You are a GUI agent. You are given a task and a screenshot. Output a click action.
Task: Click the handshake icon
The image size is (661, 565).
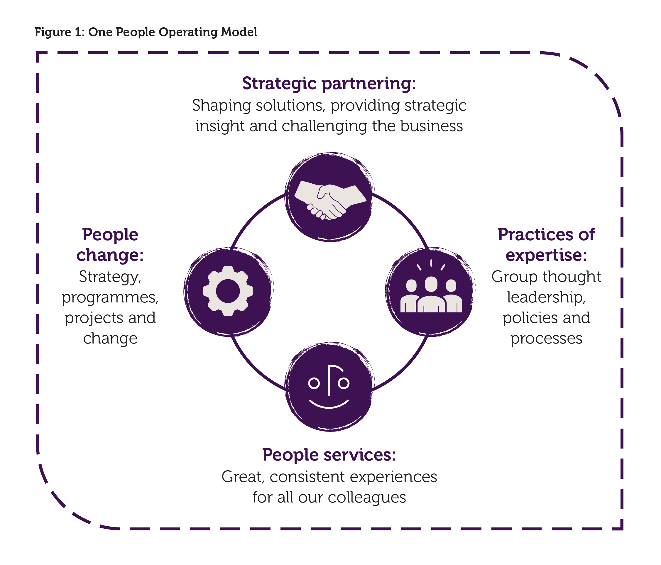tap(329, 200)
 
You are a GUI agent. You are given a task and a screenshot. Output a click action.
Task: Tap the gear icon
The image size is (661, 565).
tap(228, 291)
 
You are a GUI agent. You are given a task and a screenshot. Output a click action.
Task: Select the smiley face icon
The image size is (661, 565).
tap(329, 387)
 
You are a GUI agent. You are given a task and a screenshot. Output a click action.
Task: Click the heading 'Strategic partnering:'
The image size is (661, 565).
tap(329, 83)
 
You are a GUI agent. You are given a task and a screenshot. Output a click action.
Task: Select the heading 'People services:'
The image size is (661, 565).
tap(329, 454)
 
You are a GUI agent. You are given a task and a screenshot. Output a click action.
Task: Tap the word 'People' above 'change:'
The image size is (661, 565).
tap(110, 234)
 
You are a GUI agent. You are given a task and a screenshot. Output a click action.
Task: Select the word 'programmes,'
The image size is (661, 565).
tap(110, 298)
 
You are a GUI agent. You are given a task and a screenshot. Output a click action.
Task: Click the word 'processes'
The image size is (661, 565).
tap(546, 339)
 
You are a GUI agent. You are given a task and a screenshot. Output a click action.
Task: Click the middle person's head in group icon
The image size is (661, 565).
tap(431, 284)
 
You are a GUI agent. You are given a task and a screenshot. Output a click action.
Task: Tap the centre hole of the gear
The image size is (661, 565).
tap(228, 291)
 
